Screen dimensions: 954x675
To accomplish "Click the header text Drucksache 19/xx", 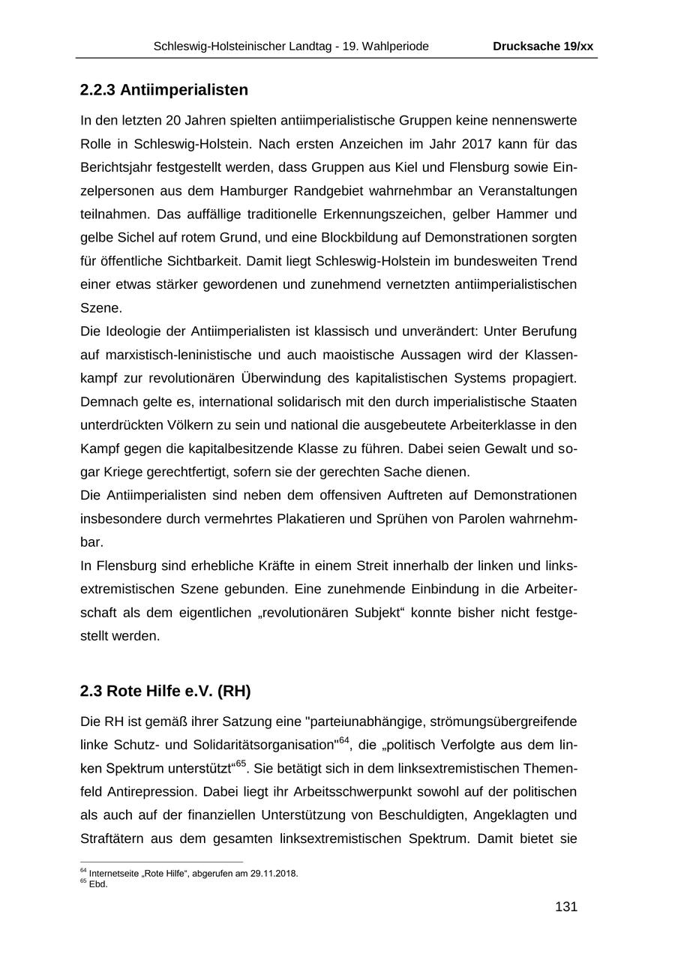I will (542, 46).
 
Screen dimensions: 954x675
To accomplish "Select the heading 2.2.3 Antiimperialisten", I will (163, 90).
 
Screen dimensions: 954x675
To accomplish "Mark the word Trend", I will (559, 261).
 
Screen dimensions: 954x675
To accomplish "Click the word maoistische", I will (357, 355).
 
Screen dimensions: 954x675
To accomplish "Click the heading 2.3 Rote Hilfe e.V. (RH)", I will (165, 690).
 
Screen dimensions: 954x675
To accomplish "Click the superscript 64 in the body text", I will (343, 741).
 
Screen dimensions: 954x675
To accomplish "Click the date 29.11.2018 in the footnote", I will (275, 873).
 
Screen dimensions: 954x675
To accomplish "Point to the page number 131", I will (565, 907).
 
